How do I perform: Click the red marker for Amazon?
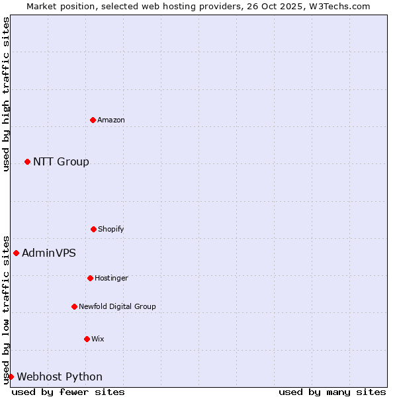pyautogui.click(x=93, y=120)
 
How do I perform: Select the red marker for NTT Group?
pyautogui.click(x=27, y=161)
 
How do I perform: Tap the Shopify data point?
pyautogui.click(x=93, y=229)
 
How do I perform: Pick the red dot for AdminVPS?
pyautogui.click(x=16, y=253)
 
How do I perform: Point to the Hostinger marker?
pyautogui.click(x=90, y=278)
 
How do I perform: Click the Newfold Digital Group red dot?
pyautogui.click(x=74, y=306)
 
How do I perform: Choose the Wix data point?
pyautogui.click(x=87, y=339)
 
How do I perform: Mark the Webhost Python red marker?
pyautogui.click(x=11, y=376)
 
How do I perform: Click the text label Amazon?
pyautogui.click(x=111, y=120)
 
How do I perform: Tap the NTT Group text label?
pyautogui.click(x=61, y=161)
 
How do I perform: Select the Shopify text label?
pyautogui.click(x=111, y=229)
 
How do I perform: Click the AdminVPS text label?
pyautogui.click(x=49, y=253)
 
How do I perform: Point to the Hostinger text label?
pyautogui.click(x=111, y=278)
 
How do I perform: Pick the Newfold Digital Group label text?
pyautogui.click(x=117, y=306)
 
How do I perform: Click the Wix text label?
pyautogui.click(x=98, y=339)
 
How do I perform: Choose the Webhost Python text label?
pyautogui.click(x=60, y=376)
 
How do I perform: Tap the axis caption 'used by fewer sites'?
pyautogui.click(x=68, y=392)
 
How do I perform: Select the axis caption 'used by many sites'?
pyautogui.click(x=332, y=392)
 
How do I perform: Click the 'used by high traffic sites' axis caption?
pyautogui.click(x=6, y=94)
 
